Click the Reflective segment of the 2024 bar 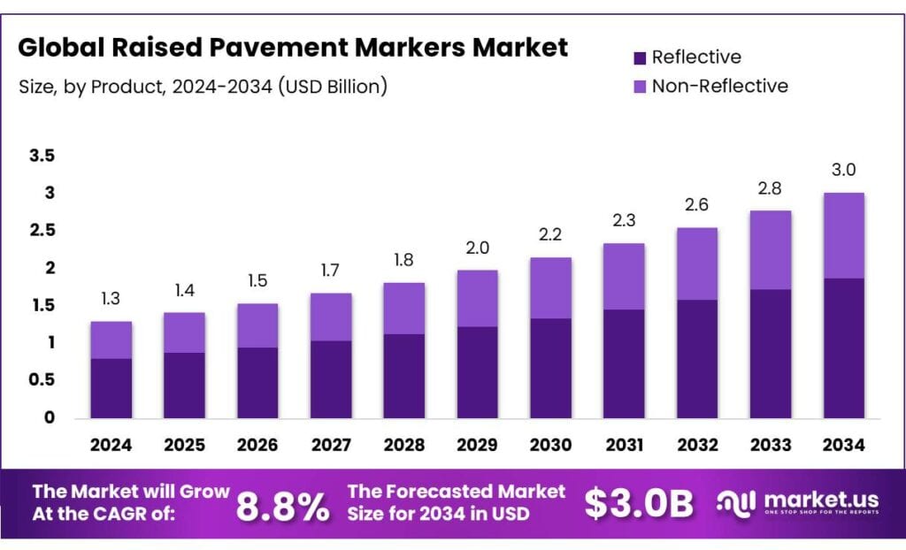(x=111, y=387)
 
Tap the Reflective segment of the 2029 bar (x=477, y=371)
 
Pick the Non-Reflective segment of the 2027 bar (x=330, y=317)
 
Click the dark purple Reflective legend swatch (x=641, y=58)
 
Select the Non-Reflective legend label (x=718, y=86)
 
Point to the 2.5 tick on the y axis (x=42, y=231)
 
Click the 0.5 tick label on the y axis (x=42, y=380)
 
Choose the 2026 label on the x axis (x=257, y=445)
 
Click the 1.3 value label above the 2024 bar (x=111, y=299)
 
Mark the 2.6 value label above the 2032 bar (x=696, y=205)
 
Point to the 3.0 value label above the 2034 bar (x=843, y=170)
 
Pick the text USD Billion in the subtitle (x=334, y=87)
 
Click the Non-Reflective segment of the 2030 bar (x=550, y=287)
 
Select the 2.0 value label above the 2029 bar (x=477, y=248)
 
